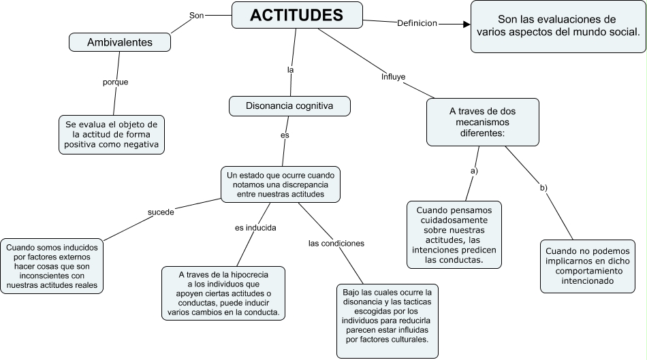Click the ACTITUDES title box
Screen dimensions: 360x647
click(297, 15)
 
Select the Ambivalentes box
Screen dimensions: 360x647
click(119, 42)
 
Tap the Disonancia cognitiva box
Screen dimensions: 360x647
click(289, 105)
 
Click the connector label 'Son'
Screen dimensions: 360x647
click(196, 15)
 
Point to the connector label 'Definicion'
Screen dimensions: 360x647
click(417, 24)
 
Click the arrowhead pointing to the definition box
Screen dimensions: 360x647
click(467, 24)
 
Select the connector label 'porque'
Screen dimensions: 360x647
click(115, 82)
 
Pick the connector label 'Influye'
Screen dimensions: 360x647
click(393, 77)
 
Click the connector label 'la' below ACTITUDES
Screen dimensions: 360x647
click(290, 70)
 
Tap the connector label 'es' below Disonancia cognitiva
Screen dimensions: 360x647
click(285, 135)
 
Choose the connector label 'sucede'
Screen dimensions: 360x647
click(161, 212)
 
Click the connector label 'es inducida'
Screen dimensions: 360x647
click(255, 228)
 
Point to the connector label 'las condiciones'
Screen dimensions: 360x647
click(336, 243)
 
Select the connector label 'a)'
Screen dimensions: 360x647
click(474, 171)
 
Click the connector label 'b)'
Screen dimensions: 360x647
click(543, 187)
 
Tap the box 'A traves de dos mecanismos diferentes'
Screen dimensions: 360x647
click(483, 122)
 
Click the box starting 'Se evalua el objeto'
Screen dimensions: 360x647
click(111, 135)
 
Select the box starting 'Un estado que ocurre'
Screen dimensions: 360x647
click(280, 184)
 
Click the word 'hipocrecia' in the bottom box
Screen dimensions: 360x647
click(246, 274)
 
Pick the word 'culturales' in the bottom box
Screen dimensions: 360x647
click(407, 338)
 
